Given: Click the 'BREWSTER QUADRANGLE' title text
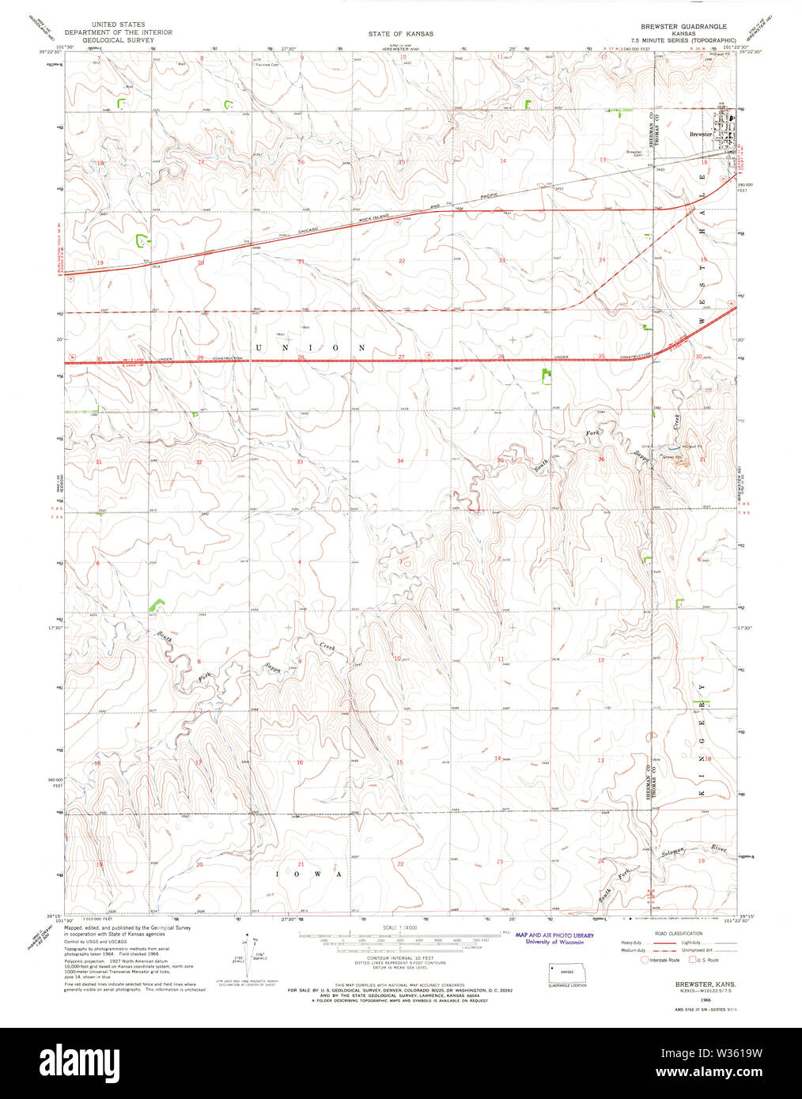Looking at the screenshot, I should [683, 26].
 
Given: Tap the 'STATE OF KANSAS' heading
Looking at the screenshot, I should [400, 34].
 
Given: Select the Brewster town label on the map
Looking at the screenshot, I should [701, 134].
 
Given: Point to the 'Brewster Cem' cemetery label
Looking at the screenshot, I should [634, 153].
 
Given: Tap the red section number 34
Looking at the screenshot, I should [400, 460].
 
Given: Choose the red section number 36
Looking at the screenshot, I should [601, 459].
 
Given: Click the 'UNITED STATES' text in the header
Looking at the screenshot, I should [119, 25].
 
